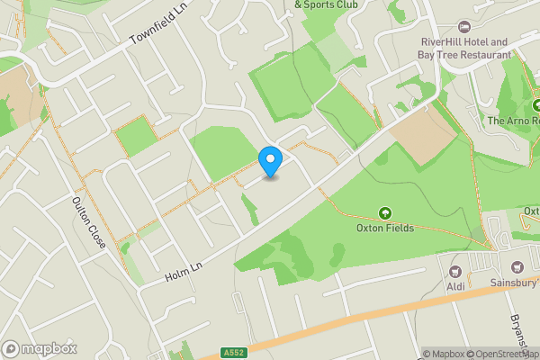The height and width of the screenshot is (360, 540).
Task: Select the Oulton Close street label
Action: pos(91,223)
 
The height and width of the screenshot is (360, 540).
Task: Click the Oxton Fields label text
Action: pos(385,228)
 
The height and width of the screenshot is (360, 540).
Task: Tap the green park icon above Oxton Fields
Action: pos(385,213)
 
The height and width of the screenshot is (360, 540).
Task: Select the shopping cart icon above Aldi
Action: pos(455,271)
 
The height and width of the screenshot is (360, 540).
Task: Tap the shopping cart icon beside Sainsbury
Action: pos(517,266)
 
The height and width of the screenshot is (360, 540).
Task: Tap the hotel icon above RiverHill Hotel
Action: pos(465,27)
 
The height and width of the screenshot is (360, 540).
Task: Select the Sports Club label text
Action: pos(326,4)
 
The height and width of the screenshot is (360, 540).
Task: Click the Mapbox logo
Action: pos(40,348)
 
